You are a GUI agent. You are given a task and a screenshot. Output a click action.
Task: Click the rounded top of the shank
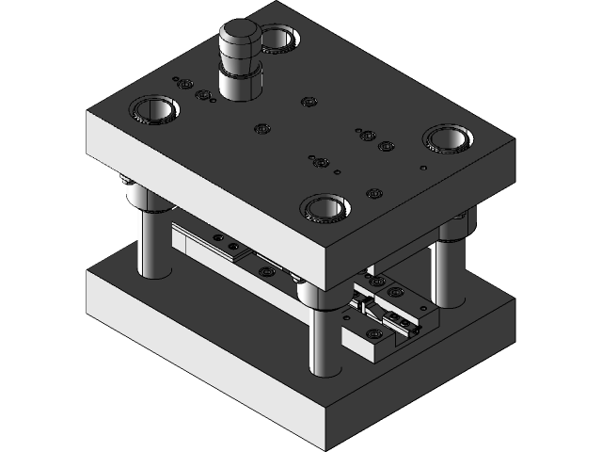242,36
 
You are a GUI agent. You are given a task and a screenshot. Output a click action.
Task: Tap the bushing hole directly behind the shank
279,39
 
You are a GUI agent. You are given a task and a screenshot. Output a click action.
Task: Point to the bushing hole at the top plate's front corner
324,208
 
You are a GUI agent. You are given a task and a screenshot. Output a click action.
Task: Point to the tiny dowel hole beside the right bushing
423,168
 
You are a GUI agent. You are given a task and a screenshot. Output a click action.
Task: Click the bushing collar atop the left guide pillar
141,198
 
